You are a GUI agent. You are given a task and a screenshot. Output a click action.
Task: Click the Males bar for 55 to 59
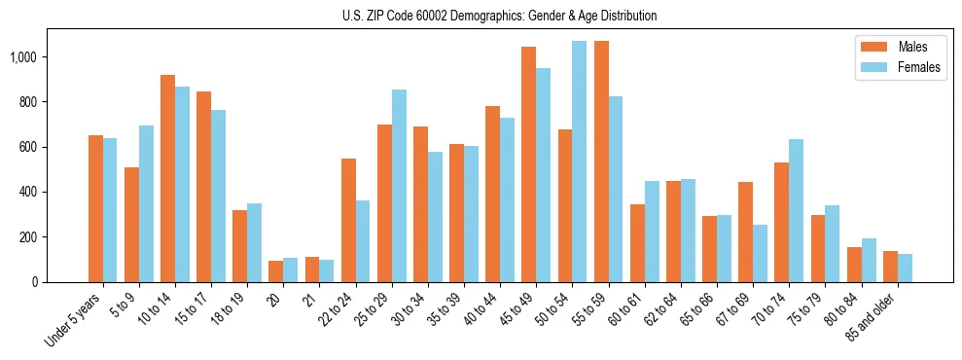[601, 162]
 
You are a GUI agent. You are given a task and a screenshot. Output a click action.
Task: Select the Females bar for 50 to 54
[580, 162]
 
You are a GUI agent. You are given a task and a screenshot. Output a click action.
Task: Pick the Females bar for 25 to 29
[399, 186]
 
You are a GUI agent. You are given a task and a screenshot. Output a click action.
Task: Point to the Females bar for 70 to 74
[796, 210]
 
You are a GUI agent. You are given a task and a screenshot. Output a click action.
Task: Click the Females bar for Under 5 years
[110, 210]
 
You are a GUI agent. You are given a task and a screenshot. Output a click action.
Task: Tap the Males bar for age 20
[276, 271]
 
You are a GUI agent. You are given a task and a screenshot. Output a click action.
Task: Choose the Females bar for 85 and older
[905, 268]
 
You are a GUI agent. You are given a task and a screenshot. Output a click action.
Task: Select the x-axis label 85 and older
[877, 317]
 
